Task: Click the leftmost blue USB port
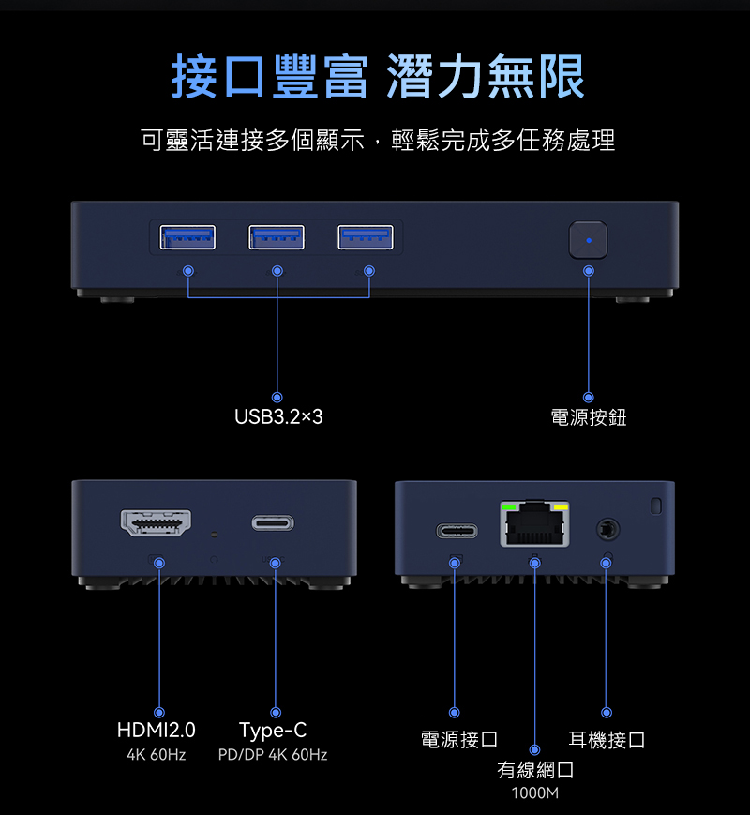187,238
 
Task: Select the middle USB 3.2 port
277,238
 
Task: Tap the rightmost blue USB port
366,238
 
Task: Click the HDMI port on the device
156,523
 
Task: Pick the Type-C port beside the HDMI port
273,523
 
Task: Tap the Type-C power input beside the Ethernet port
457,532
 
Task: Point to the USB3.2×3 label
278,416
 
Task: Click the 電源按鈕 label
589,417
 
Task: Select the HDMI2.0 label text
157,731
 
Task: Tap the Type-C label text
273,731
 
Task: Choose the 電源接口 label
459,740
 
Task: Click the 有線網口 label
535,771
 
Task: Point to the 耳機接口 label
607,740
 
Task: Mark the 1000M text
535,794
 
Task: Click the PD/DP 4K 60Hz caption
273,755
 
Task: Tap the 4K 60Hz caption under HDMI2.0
157,755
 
